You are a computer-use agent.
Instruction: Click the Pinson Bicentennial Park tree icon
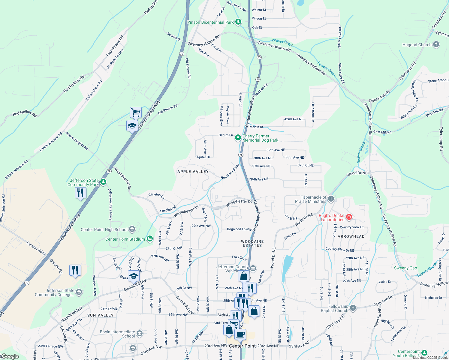[x=238, y=22]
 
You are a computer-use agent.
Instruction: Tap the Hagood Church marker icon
[x=436, y=45]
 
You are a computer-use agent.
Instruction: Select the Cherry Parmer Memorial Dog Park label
[x=260, y=138]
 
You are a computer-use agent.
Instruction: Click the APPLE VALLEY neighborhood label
[x=193, y=172]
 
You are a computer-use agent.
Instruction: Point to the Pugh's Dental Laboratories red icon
[x=349, y=217]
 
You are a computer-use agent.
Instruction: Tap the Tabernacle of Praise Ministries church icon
[x=331, y=199]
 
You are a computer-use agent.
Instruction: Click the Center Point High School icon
[x=132, y=229]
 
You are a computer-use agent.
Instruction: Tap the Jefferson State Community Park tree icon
[x=103, y=182]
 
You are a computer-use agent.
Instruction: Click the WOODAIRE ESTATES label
[x=252, y=243]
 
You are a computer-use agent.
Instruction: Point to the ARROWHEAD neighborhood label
[x=351, y=236]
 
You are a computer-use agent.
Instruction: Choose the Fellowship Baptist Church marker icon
[x=353, y=308]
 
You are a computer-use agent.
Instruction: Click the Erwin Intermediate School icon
[x=139, y=333]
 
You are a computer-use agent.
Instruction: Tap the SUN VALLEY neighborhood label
[x=101, y=315]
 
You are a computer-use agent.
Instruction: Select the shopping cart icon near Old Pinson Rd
[x=136, y=112]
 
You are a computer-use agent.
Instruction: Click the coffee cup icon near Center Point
[x=240, y=334]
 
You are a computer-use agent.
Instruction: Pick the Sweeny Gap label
[x=405, y=268]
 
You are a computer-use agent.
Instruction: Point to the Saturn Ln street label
[x=226, y=135]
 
